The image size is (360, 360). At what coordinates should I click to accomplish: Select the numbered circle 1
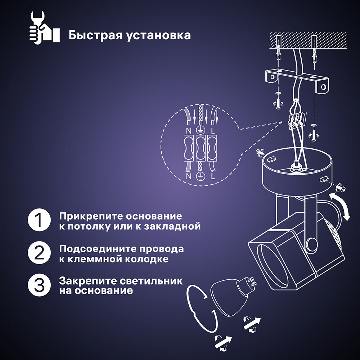click(x=39, y=220)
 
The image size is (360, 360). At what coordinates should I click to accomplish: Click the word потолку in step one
click(x=86, y=227)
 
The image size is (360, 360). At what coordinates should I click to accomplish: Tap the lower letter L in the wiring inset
click(x=213, y=176)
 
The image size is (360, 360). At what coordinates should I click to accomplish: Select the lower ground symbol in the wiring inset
click(x=201, y=176)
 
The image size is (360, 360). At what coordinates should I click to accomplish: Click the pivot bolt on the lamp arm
click(x=311, y=245)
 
